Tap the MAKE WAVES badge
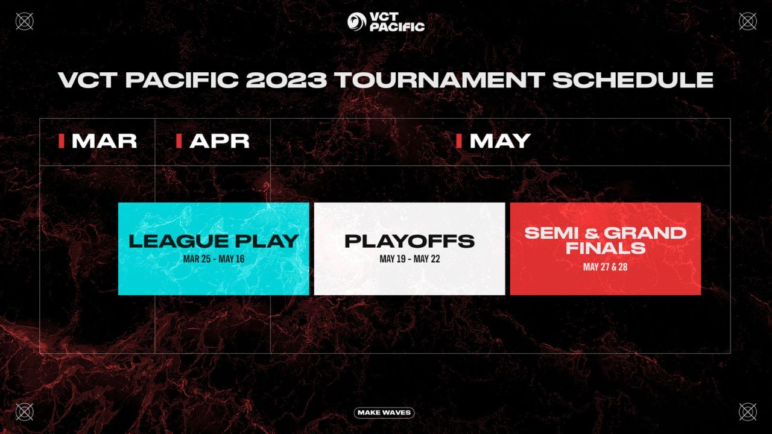(x=384, y=413)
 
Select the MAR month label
(x=104, y=141)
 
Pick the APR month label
(x=219, y=141)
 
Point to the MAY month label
(x=499, y=141)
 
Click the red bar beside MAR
(x=62, y=141)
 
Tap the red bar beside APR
(x=179, y=141)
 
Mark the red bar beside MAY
(x=459, y=141)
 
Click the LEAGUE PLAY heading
(x=214, y=241)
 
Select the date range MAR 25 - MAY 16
(x=214, y=260)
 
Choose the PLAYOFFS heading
(x=410, y=241)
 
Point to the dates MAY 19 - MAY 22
(x=410, y=260)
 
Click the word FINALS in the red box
(x=606, y=248)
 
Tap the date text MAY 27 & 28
(x=606, y=266)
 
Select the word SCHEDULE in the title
(x=633, y=81)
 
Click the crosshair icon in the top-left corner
(x=24, y=22)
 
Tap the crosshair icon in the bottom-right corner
(x=748, y=412)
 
